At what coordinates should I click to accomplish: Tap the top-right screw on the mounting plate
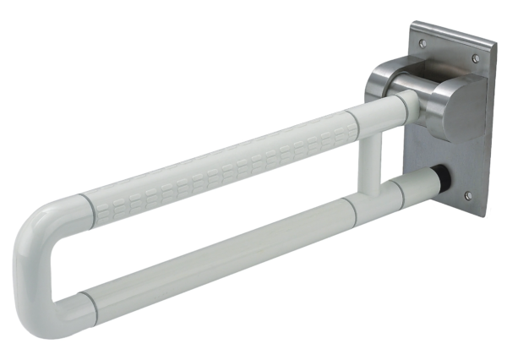click(x=475, y=58)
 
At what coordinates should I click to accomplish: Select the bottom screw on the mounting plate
click(x=467, y=196)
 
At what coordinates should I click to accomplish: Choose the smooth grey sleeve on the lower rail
click(x=211, y=250)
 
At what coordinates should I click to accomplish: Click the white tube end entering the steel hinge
click(x=406, y=105)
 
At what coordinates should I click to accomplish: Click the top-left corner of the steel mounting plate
click(x=412, y=24)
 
